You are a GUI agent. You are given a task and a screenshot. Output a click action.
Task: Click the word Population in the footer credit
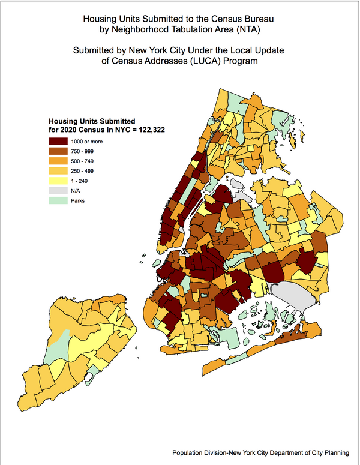(190, 454)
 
